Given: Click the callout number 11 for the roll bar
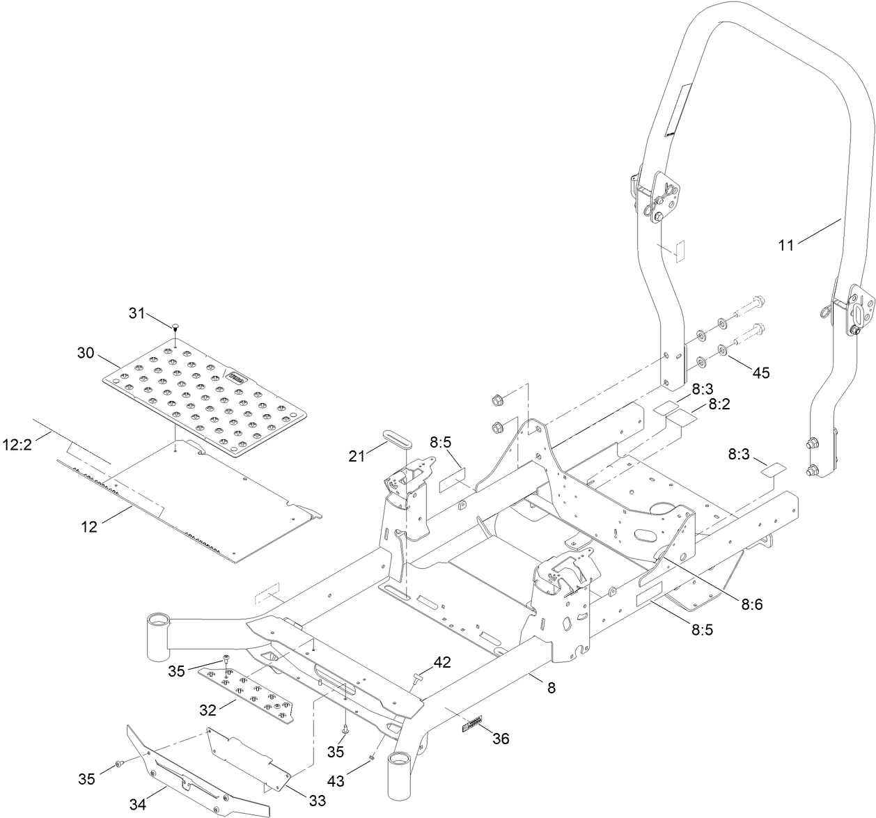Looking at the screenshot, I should tap(785, 245).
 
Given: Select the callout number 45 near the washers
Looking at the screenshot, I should tap(760, 372).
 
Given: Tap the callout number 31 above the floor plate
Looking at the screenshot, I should tap(137, 313).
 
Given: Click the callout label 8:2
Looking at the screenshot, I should tap(721, 403).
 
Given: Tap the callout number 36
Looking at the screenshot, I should tap(501, 738).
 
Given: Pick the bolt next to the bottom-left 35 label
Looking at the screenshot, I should tap(119, 764).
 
